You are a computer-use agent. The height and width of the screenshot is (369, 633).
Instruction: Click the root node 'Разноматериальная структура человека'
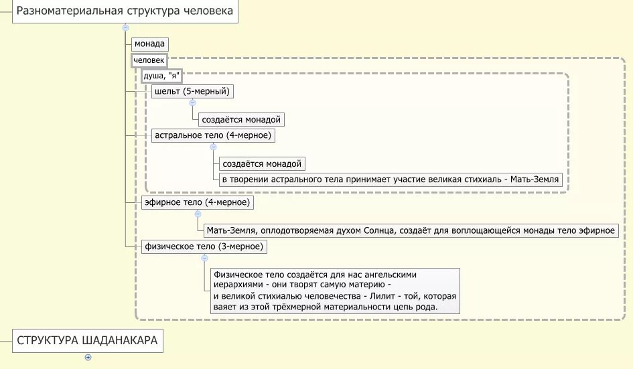coord(125,11)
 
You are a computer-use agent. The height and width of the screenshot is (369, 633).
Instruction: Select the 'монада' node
coord(149,44)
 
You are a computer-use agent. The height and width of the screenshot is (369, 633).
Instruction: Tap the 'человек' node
coord(149,60)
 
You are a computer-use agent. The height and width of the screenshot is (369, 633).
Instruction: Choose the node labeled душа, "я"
coord(161,76)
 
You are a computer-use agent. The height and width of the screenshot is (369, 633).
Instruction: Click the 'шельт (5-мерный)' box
coord(192,91)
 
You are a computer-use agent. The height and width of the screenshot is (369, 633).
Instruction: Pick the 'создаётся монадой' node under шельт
coord(242,120)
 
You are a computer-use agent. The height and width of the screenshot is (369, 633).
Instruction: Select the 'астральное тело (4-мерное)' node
coord(213,135)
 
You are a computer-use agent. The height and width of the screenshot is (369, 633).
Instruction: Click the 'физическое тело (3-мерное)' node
coord(203,246)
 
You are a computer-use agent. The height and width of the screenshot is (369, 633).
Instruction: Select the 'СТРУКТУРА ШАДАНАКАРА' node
coord(87,340)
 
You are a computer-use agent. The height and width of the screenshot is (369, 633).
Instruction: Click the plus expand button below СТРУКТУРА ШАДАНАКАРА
coord(88,357)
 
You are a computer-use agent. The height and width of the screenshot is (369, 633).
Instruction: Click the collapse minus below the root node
coord(125,27)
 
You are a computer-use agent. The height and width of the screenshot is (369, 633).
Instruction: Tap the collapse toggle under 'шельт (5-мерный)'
coord(192,103)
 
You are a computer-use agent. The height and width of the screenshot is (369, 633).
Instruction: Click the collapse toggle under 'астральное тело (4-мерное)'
coord(213,147)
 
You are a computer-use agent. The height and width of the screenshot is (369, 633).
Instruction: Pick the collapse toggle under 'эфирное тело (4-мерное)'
coord(198,214)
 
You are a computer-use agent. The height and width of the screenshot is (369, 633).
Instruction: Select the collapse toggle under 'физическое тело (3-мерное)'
coord(203,258)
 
